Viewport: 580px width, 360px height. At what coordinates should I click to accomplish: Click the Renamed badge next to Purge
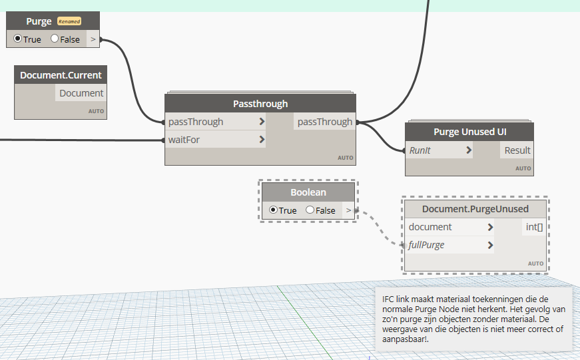(69, 21)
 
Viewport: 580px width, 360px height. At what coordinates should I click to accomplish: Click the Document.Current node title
(61, 75)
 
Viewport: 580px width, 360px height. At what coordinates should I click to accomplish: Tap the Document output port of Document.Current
(81, 93)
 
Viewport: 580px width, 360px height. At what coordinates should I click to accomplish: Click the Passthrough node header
(260, 104)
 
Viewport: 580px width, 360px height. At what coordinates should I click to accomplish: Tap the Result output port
(517, 150)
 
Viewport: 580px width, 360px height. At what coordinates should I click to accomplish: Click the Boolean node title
(308, 192)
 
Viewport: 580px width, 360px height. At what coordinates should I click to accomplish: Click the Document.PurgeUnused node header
(475, 209)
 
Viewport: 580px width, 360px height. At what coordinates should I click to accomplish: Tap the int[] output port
(534, 227)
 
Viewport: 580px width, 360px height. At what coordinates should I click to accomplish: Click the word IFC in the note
(390, 299)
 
